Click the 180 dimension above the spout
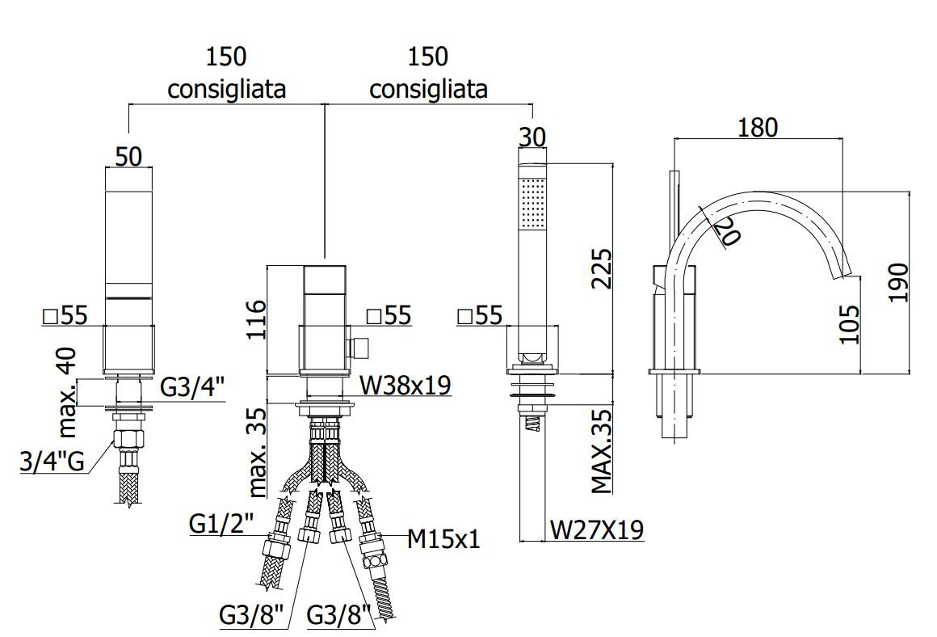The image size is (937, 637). point(758,128)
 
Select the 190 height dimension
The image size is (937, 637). point(899,283)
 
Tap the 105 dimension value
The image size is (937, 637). point(849,324)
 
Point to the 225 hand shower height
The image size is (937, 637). point(602,269)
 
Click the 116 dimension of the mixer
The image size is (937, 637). point(256,320)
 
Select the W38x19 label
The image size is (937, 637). point(405,386)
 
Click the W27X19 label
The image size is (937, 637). point(597,529)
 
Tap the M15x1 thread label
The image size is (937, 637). point(444,539)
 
